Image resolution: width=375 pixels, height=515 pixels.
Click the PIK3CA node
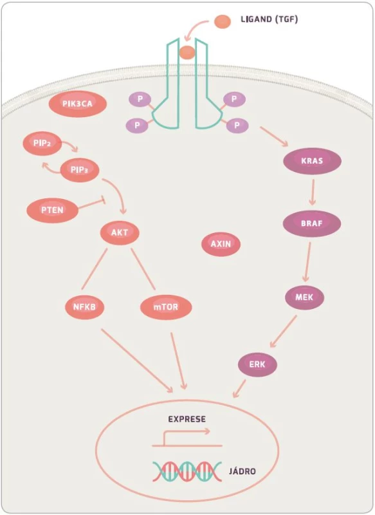[x=78, y=104]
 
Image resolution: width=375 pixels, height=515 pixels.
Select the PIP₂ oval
[x=42, y=143]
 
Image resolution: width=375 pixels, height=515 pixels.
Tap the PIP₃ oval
[x=80, y=170]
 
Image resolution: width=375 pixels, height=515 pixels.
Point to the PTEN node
[x=53, y=210]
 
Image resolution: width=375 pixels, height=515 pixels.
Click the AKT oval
[x=120, y=233]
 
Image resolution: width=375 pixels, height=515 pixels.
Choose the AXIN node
[x=221, y=244]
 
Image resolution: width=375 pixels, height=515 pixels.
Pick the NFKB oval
[x=85, y=307]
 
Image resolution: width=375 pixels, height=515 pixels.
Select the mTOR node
[x=166, y=307]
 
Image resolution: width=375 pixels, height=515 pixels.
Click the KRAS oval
[x=312, y=161]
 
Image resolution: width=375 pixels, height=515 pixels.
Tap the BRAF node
[x=312, y=223]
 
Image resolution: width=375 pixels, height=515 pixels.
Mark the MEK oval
[x=304, y=297]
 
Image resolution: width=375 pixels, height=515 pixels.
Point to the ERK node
[x=257, y=364]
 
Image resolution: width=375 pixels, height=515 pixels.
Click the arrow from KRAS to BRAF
[x=313, y=192]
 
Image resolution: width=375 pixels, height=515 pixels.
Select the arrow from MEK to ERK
[x=283, y=332]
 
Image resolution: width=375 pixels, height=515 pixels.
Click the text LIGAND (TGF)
[x=270, y=19]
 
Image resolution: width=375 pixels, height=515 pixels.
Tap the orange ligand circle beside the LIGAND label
[x=223, y=21]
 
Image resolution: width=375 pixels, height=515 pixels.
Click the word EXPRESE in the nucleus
[x=187, y=420]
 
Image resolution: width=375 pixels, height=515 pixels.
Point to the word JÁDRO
[x=242, y=471]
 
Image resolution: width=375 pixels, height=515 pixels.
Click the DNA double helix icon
[x=187, y=471]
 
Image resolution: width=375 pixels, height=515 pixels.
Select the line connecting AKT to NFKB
[x=95, y=269]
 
